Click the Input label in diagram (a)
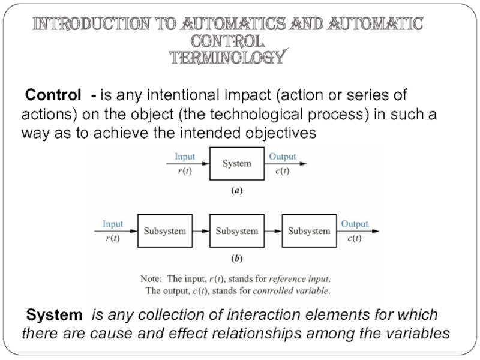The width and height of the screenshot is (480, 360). [185, 157]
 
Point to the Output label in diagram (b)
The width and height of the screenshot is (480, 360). [355, 224]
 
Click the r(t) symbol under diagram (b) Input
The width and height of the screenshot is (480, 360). [113, 238]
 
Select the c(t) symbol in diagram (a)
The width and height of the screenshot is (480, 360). [282, 170]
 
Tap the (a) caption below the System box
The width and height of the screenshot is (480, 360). [236, 191]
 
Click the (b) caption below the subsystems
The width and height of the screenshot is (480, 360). [236, 259]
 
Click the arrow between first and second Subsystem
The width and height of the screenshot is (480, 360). [201, 231]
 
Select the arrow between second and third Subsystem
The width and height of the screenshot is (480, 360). [273, 231]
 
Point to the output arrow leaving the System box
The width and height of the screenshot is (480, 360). [286, 164]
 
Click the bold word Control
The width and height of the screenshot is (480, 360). [53, 95]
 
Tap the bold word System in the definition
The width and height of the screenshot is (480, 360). [54, 314]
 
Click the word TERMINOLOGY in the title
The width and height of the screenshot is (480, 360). [228, 57]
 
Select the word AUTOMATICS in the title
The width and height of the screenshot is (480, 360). [233, 24]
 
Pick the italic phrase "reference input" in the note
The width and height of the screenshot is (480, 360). [299, 279]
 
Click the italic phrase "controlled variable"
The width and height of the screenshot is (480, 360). [291, 290]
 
